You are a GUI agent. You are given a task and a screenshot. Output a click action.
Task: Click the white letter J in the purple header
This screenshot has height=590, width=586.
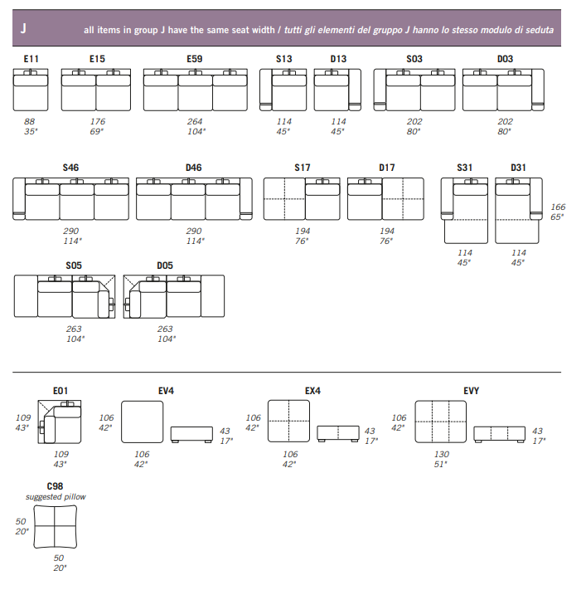pos(23,28)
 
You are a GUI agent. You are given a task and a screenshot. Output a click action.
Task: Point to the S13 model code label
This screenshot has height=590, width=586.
pos(284,59)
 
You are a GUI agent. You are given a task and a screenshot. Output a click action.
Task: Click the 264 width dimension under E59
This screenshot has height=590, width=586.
pos(195,121)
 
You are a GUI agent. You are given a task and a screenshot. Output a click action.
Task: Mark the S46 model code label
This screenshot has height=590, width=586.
pos(71,168)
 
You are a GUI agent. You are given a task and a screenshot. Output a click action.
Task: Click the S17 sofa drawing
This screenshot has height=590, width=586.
pos(302,199)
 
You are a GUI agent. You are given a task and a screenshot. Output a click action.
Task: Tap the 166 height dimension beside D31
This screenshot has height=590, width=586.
pos(557,207)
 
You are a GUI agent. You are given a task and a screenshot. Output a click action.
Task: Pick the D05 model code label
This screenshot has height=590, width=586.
pos(165,266)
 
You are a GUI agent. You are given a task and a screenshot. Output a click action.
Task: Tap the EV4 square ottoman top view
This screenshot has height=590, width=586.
pos(141,422)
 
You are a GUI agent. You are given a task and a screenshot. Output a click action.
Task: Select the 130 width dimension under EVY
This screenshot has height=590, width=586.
pos(442,454)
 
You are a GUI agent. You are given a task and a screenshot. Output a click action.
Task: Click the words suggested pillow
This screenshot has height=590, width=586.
pos(56,497)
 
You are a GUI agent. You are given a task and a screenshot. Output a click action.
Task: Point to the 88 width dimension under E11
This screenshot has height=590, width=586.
pos(30,121)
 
